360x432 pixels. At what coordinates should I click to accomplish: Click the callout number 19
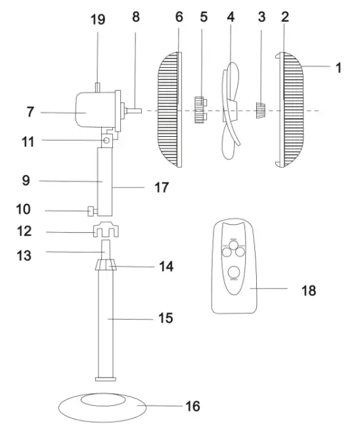[x=97, y=19]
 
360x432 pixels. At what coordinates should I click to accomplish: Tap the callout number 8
[x=136, y=17]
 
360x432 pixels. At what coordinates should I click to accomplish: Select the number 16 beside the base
[x=192, y=406]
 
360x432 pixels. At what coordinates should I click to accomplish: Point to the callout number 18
[x=307, y=289]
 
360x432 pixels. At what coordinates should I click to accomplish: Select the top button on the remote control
[x=234, y=240]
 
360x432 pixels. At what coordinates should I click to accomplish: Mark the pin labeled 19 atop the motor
[x=97, y=86]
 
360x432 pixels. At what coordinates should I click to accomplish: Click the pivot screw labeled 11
[x=106, y=141]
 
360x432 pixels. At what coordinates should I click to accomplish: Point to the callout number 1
[x=338, y=67]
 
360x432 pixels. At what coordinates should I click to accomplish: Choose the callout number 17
[x=161, y=188]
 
